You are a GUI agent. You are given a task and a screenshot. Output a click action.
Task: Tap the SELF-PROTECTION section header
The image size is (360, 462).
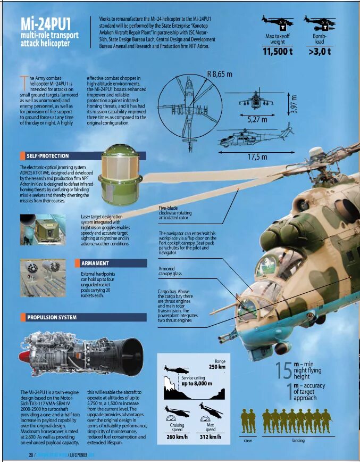(47, 156)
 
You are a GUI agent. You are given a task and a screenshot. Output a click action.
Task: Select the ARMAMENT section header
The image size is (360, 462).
(95, 263)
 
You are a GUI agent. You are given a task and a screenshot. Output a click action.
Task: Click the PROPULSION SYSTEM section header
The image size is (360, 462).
(52, 317)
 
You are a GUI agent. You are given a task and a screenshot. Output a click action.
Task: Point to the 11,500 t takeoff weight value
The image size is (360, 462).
(278, 51)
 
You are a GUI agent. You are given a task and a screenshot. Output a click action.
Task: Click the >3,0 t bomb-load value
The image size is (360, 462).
(319, 51)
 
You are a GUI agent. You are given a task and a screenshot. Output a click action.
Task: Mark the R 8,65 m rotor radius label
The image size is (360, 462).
(220, 74)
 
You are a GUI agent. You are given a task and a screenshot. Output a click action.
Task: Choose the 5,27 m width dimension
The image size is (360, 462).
(257, 120)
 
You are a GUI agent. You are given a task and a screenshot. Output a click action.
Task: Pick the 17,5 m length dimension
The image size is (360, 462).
(257, 157)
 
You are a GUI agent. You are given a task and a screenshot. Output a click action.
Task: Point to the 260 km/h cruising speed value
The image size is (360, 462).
(178, 437)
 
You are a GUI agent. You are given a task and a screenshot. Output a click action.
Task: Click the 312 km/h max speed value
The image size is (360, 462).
(210, 437)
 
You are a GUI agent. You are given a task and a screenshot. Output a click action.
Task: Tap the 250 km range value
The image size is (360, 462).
(216, 367)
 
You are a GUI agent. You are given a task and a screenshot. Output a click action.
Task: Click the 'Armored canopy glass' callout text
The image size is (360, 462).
(170, 271)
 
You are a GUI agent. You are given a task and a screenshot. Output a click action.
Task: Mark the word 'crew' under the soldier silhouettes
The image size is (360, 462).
(247, 441)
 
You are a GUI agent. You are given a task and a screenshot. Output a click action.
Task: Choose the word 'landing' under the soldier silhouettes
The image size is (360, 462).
(298, 441)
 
